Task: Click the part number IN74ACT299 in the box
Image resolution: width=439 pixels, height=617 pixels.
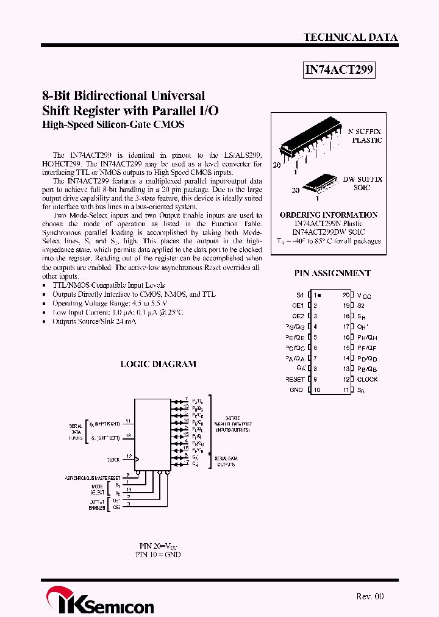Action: tap(338, 71)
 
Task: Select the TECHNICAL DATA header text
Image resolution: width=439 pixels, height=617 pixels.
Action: tap(351, 37)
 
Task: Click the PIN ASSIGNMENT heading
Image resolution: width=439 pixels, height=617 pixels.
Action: tap(332, 273)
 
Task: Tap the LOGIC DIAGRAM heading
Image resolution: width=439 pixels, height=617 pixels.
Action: tap(158, 364)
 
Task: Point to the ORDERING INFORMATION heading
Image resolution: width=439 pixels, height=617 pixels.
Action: tap(328, 215)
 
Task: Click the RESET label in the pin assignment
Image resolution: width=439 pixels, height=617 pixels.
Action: tap(294, 379)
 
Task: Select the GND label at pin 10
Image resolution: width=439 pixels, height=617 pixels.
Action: tap(296, 390)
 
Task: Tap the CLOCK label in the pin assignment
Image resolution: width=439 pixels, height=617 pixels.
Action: tap(368, 379)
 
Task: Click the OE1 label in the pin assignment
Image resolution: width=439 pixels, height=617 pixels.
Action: tap(298, 305)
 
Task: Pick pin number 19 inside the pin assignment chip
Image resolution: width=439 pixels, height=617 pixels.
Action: tap(346, 305)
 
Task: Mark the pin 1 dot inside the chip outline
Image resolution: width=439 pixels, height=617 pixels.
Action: tap(319, 294)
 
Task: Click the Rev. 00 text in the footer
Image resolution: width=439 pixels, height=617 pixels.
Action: tap(369, 596)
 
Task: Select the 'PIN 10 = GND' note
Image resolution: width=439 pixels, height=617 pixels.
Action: tap(158, 555)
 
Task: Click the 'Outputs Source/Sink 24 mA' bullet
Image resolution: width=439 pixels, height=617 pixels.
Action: tap(94, 321)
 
